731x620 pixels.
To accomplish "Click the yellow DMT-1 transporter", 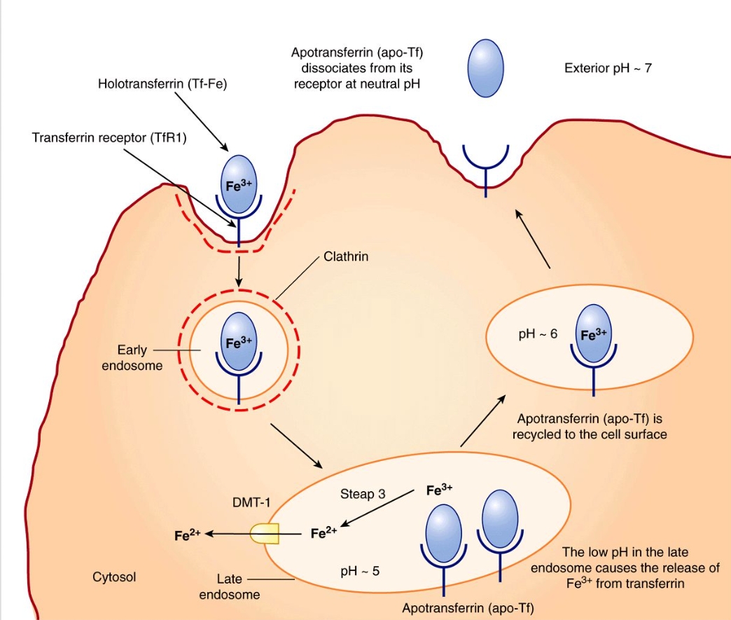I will [x=265, y=533].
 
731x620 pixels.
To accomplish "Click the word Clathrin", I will [x=346, y=257].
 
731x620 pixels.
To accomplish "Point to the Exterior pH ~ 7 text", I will [x=608, y=69].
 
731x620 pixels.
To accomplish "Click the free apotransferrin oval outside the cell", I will [x=486, y=68].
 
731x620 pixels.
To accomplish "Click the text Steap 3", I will [x=363, y=493].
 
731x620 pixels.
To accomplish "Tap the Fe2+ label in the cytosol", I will [x=188, y=535].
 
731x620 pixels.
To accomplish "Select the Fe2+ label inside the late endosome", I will [x=323, y=533].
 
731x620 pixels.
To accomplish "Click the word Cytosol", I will [x=114, y=577].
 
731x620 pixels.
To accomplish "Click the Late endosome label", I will [x=229, y=587].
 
